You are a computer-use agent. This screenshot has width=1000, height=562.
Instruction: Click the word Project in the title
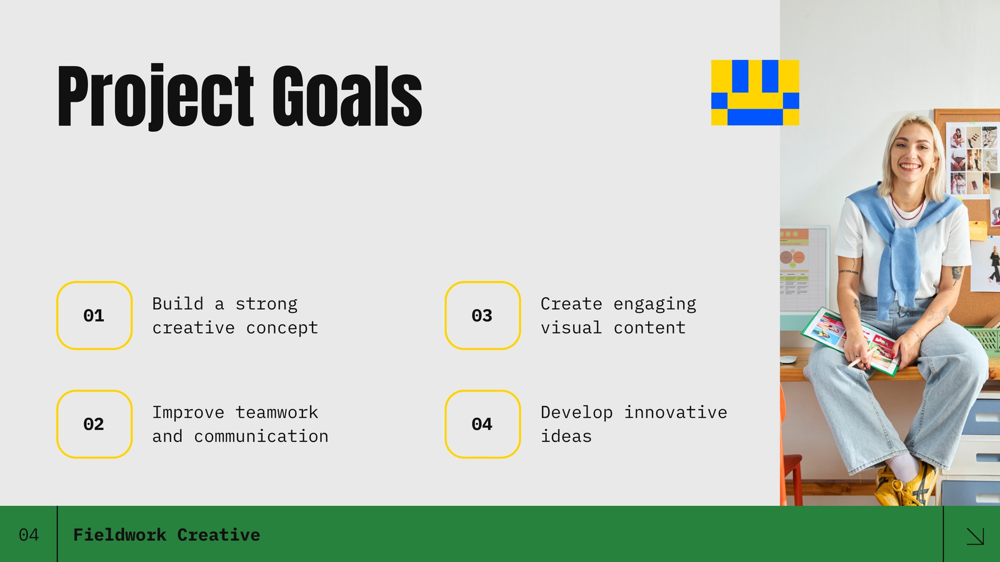click(x=156, y=96)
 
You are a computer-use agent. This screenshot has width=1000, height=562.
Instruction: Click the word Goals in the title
click(x=347, y=96)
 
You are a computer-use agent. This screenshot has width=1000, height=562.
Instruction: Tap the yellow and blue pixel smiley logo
click(x=755, y=92)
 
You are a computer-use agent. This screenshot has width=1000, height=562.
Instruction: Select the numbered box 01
click(x=94, y=315)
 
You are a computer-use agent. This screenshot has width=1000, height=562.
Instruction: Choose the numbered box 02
click(x=94, y=424)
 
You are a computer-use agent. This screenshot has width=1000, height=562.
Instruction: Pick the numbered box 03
click(x=482, y=315)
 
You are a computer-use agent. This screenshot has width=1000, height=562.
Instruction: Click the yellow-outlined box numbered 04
click(x=482, y=424)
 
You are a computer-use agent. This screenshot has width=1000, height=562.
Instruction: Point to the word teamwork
click(x=277, y=412)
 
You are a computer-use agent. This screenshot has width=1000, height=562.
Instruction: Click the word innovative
click(x=676, y=412)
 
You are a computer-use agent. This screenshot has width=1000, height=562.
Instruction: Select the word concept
click(x=282, y=328)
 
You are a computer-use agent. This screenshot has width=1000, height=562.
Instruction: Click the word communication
click(x=261, y=436)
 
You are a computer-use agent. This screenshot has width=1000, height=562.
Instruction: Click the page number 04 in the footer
click(x=29, y=535)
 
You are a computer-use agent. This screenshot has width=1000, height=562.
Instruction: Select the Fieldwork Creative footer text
click(x=166, y=535)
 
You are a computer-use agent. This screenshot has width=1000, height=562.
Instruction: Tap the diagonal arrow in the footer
click(x=975, y=536)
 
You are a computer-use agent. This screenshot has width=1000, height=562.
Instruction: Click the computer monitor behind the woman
click(x=804, y=269)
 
